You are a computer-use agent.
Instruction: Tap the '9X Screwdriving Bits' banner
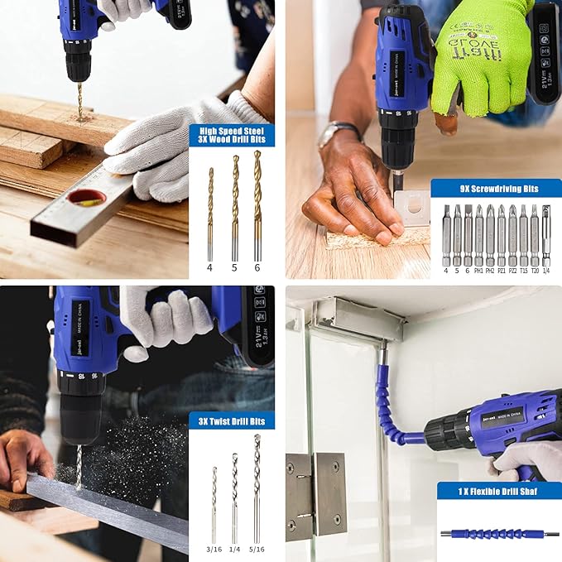[x=496, y=189]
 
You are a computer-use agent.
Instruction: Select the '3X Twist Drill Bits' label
[x=232, y=420]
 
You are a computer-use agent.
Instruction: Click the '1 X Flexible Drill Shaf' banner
[x=499, y=492]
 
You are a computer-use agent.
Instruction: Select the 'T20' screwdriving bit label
[x=535, y=269]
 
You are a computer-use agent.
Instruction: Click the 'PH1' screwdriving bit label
[x=478, y=269]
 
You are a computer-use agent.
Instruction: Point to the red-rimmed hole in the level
[x=87, y=197]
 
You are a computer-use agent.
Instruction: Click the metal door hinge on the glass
[x=316, y=496]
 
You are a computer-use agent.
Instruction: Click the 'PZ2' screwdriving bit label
[x=512, y=269]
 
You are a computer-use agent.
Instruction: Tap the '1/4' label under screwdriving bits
[x=545, y=269]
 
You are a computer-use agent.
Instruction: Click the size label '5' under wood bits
[x=234, y=267]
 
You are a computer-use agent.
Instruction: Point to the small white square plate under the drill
[x=411, y=207]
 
